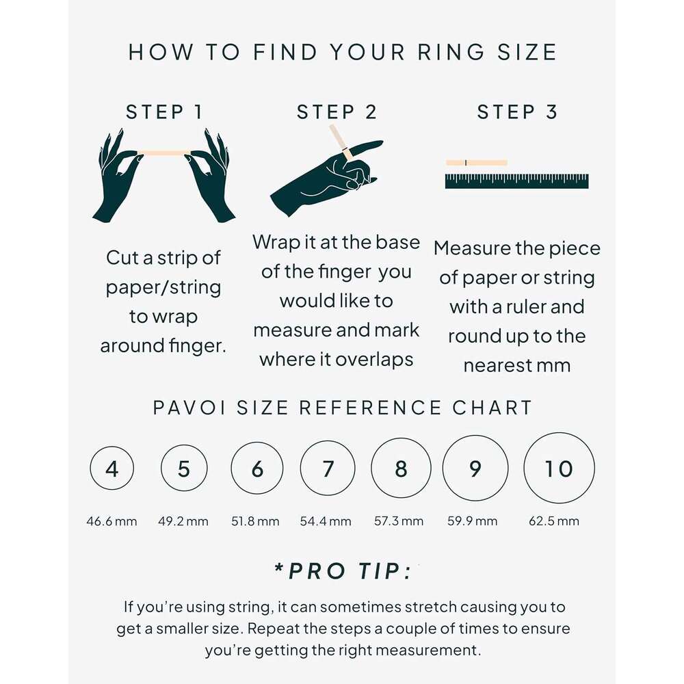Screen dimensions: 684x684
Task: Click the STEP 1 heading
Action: click(164, 112)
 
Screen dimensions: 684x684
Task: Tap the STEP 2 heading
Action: click(337, 112)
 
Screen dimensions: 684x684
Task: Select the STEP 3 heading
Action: click(517, 112)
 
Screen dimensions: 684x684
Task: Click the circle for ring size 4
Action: click(111, 469)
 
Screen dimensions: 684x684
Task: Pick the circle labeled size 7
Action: click(328, 469)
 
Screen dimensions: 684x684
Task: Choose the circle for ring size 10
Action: click(559, 469)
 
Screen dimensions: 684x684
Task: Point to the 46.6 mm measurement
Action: click(111, 521)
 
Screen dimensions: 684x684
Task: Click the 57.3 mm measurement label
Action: click(399, 521)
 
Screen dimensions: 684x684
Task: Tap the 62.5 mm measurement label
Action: click(554, 521)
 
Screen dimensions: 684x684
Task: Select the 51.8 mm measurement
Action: click(255, 521)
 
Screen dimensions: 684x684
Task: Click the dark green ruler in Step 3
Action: click(516, 181)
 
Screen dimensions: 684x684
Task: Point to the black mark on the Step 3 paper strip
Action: click(466, 162)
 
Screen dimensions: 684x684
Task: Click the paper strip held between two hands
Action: click(164, 153)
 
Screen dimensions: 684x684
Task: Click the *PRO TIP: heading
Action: click(343, 571)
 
